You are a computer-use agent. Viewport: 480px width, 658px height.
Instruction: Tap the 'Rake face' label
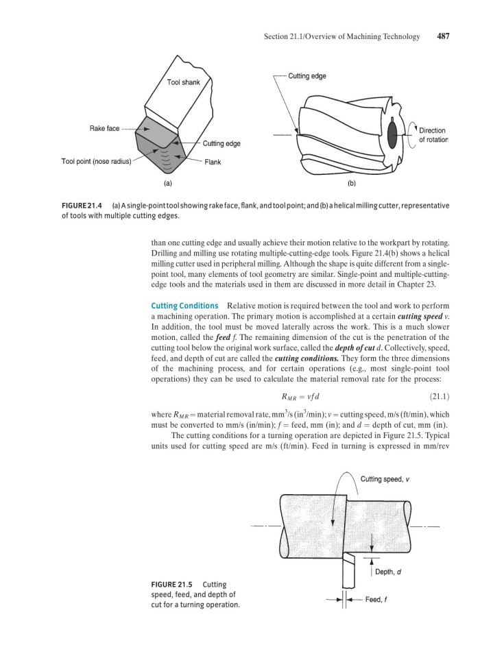pos(104,128)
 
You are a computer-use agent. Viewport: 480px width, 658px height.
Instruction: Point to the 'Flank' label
pos(211,162)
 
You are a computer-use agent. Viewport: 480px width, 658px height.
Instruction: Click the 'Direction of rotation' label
pos(433,134)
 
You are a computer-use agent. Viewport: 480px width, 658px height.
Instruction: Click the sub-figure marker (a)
pos(167,183)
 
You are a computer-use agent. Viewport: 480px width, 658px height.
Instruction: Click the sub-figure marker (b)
pos(352,183)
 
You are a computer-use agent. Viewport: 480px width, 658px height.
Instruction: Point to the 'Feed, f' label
pos(378,600)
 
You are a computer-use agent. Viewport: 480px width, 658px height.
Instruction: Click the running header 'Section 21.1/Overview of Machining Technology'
pos(341,36)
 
